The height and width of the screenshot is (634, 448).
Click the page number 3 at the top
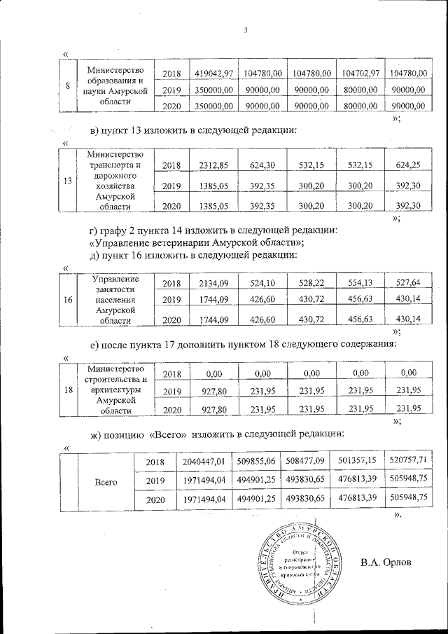[246, 29]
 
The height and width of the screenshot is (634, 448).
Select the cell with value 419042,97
[213, 74]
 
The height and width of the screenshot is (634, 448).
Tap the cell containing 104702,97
[361, 74]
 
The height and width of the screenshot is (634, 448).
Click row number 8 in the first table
[67, 86]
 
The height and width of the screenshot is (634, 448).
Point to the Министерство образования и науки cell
[115, 86]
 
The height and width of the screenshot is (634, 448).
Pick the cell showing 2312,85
[213, 165]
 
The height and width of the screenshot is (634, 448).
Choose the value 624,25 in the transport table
[410, 165]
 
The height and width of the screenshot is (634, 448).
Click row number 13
[68, 181]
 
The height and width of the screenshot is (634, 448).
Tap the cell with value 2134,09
[213, 283]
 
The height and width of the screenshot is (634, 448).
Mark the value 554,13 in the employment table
[361, 283]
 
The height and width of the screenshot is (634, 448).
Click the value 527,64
[410, 283]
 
